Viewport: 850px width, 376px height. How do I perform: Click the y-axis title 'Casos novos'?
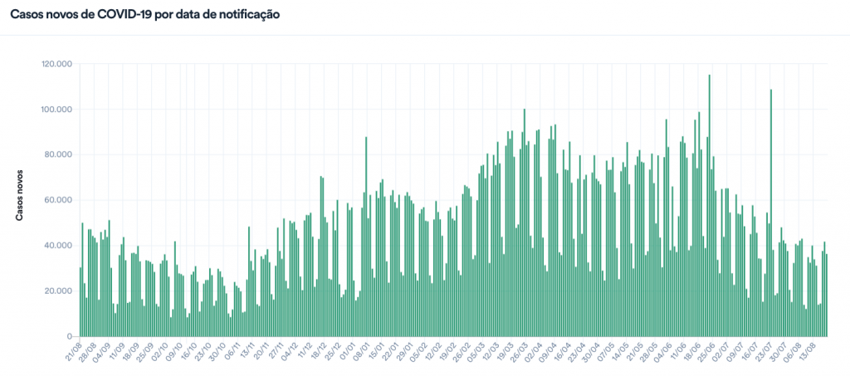click(x=20, y=195)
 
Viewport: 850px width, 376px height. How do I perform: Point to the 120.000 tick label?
click(x=56, y=64)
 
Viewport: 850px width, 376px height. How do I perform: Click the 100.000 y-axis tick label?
click(x=56, y=110)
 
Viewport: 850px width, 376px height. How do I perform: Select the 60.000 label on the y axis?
click(x=58, y=200)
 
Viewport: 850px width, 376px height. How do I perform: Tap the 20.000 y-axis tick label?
click(x=58, y=291)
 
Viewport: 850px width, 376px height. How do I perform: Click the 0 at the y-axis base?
click(x=71, y=336)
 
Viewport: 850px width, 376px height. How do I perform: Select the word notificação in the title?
click(x=242, y=14)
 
